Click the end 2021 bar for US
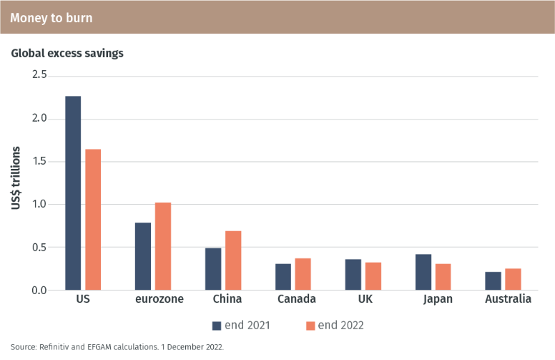[x=73, y=193]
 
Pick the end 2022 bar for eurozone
[x=163, y=246]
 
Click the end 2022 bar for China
[x=233, y=261]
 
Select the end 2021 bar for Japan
[x=423, y=272]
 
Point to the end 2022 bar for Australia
[x=513, y=279]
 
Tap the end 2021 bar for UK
[x=353, y=274]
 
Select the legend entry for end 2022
[x=335, y=326]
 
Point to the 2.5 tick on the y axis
[x=39, y=75]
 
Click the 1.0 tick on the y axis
[x=39, y=204]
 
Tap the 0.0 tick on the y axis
[x=39, y=290]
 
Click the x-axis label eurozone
[x=159, y=299]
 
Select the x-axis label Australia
[x=508, y=299]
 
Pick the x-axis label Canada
[x=297, y=299]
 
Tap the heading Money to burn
[x=51, y=16]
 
